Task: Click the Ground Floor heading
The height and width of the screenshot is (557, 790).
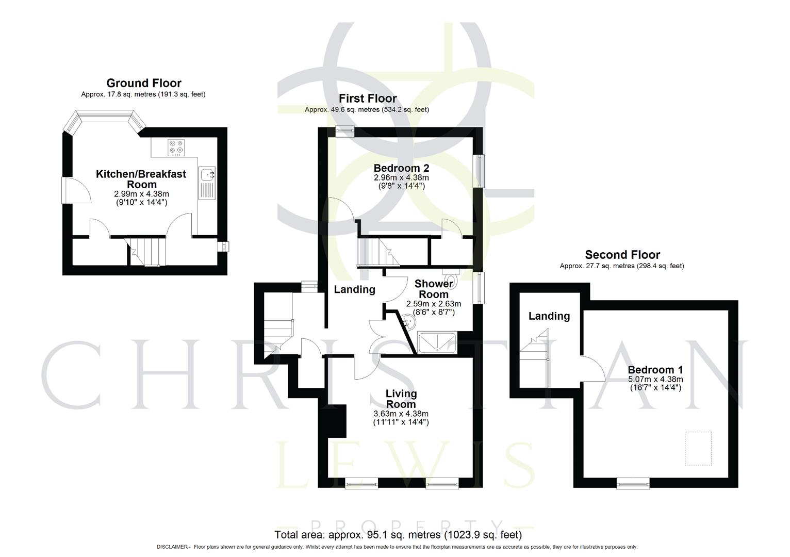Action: tap(143, 83)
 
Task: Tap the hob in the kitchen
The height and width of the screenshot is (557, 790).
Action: tap(176, 148)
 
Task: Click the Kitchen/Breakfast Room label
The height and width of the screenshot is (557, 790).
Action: tap(141, 179)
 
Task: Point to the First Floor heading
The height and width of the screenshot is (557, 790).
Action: tap(367, 99)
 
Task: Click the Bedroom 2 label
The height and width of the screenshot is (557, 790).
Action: tap(401, 168)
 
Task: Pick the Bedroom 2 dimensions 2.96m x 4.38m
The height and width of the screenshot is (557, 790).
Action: tap(401, 177)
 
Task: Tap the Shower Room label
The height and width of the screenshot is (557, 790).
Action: tap(433, 289)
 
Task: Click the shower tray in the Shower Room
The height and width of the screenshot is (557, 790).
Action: tap(437, 342)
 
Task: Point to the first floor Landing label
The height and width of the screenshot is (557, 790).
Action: tap(354, 289)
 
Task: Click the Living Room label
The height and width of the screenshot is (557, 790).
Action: tap(401, 399)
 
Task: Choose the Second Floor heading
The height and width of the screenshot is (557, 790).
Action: tap(622, 255)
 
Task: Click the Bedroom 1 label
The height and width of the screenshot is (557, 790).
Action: tap(655, 370)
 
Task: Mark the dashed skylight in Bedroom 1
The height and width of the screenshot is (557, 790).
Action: tap(698, 449)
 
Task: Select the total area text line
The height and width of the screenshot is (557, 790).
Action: tap(398, 534)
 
